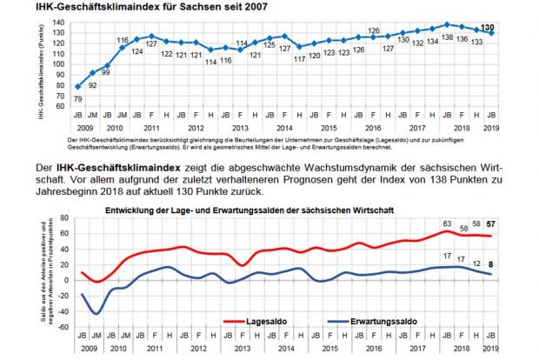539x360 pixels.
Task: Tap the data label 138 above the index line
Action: tap(447, 39)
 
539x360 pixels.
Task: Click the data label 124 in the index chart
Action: tap(136, 51)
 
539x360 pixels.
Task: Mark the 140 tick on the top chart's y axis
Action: tap(59, 22)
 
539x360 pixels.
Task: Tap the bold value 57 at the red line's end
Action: tap(491, 225)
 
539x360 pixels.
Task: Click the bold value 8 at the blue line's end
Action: tap(491, 263)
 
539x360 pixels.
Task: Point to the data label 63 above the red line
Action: tap(447, 224)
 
